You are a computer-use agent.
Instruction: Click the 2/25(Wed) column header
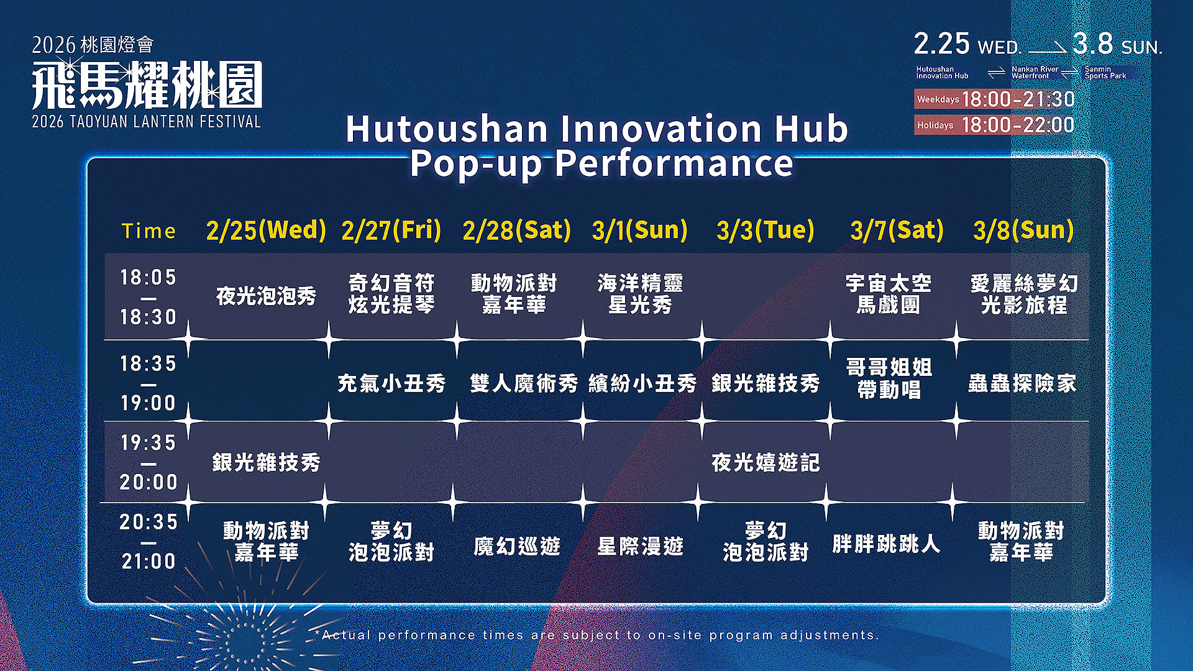266,231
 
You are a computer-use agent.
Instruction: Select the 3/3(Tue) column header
766,231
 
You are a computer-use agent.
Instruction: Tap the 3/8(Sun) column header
1023,231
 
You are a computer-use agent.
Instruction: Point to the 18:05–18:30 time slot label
149,297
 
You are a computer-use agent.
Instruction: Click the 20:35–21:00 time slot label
149,542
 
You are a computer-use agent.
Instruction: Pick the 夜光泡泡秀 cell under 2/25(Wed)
266,296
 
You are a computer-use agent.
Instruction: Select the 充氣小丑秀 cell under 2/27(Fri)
391,383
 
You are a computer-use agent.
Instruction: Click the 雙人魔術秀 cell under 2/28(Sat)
524,383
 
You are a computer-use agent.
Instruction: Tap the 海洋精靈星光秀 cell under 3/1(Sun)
640,294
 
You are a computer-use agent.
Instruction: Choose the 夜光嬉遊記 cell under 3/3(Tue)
766,462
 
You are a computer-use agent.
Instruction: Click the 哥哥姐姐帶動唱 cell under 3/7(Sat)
889,378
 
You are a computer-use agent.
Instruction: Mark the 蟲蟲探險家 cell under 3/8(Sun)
1022,383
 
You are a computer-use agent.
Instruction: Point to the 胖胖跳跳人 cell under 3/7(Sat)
886,544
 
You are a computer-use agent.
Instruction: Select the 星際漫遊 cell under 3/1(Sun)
640,546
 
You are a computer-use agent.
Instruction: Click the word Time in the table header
149,231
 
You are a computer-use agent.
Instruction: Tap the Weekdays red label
938,99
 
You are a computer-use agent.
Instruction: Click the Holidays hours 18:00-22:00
1018,125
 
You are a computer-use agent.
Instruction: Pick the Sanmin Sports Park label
1105,73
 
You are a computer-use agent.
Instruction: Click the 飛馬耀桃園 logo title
147,85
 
